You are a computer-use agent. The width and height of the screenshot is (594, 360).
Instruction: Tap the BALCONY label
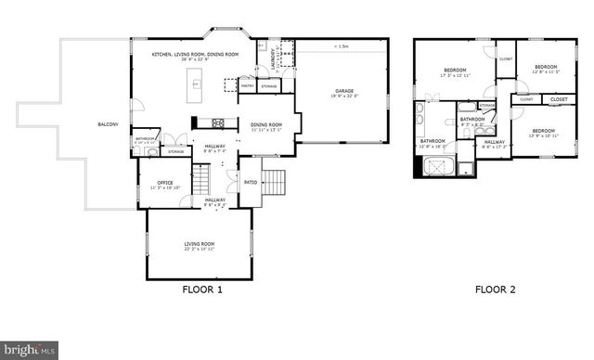109,124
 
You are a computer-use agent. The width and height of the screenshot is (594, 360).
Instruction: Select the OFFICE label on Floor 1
165,183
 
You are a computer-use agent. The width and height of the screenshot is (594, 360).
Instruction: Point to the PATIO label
250,182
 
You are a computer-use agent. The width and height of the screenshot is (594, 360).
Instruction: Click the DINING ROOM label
265,124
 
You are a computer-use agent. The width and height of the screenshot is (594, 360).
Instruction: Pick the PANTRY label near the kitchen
248,86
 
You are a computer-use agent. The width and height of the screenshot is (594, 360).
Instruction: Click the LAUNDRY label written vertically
274,58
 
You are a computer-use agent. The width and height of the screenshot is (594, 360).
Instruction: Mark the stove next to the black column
219,122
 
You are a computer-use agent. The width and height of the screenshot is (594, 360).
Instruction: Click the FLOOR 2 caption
495,289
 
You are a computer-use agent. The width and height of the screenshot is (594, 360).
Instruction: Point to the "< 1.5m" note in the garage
342,45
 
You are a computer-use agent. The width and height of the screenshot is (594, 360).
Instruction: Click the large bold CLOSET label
559,99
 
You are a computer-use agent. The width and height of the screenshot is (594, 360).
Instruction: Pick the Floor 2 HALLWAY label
492,143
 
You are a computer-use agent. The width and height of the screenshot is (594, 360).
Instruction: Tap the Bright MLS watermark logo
28,350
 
